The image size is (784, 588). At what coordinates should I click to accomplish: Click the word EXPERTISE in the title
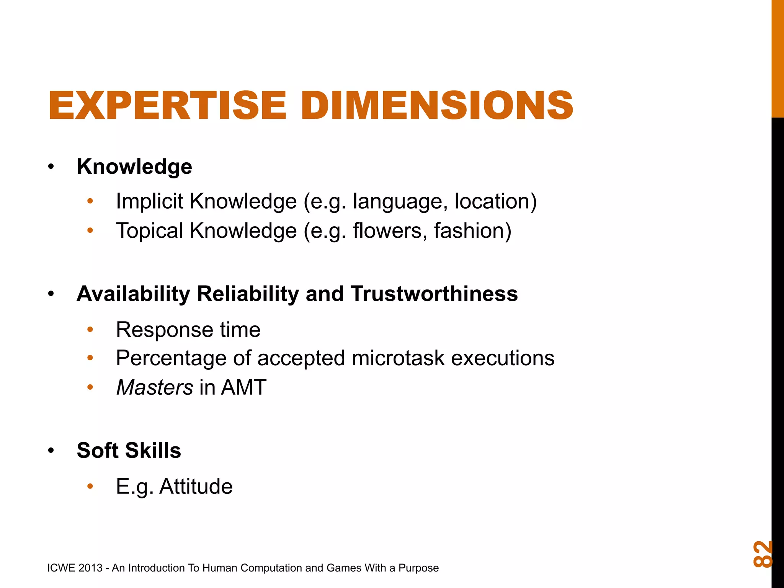167,105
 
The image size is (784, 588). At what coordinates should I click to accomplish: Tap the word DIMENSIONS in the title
437,105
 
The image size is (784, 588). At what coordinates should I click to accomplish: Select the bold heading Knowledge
134,167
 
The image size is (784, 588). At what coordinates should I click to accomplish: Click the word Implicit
149,201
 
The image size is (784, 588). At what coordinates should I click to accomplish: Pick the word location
495,201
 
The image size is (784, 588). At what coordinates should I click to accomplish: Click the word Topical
150,231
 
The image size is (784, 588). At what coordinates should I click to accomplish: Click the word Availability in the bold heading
133,294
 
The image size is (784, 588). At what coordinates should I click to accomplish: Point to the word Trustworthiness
434,294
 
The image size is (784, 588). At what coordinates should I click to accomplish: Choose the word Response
165,330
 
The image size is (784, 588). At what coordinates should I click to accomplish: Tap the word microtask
398,359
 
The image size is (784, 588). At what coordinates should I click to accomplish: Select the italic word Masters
155,387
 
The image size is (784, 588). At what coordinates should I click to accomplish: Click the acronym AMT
243,387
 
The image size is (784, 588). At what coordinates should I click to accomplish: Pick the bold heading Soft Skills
129,451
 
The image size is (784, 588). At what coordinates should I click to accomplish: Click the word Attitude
196,487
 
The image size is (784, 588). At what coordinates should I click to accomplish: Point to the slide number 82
762,554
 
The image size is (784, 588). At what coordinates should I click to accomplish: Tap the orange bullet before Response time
90,330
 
